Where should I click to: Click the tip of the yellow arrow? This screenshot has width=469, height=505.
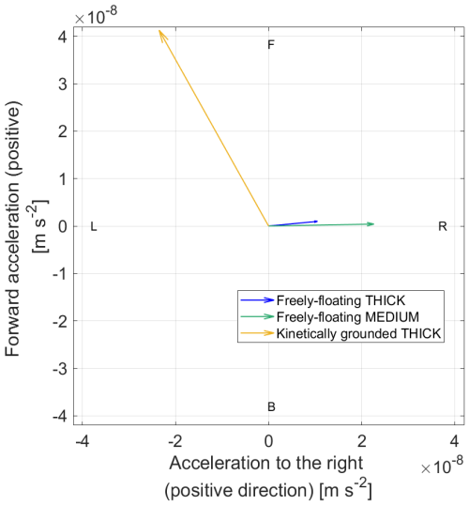tap(159, 30)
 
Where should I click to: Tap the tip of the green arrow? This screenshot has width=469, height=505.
tap(374, 223)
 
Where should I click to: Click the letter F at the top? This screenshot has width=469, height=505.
tap(271, 44)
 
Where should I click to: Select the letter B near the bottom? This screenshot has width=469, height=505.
tap(271, 406)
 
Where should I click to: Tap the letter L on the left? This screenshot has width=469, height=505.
tap(94, 226)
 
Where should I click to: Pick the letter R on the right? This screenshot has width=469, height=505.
tap(442, 226)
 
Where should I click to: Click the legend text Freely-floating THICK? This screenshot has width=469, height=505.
tap(340, 299)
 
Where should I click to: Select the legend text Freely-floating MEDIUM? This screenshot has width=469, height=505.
tap(346, 316)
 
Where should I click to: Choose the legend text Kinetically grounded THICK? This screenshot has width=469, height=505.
tap(359, 333)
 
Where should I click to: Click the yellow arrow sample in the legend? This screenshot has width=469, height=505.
tap(256, 333)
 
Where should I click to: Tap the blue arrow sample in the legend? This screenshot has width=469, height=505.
tap(256, 299)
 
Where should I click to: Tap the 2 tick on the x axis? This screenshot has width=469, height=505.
tap(362, 440)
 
